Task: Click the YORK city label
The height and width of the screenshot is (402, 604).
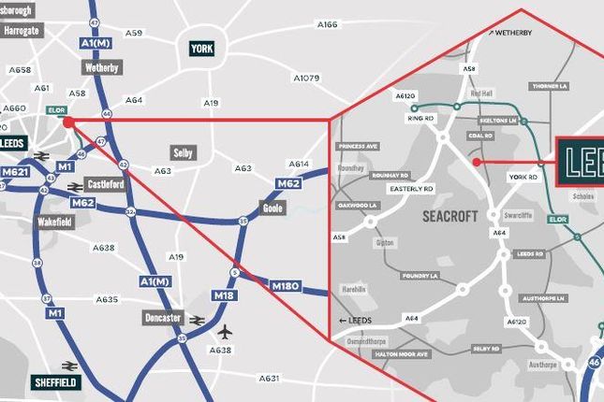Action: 201,49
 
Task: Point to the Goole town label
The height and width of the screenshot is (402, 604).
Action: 273,208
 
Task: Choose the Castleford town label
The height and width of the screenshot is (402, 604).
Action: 105,184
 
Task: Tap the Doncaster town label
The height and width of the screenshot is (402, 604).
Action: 163,318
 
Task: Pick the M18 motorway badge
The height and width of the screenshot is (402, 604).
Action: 223,296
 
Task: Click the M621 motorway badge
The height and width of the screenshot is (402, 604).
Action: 15,172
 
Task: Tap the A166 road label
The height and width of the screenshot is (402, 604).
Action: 327,25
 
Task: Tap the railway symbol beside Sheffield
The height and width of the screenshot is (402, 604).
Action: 68,366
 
